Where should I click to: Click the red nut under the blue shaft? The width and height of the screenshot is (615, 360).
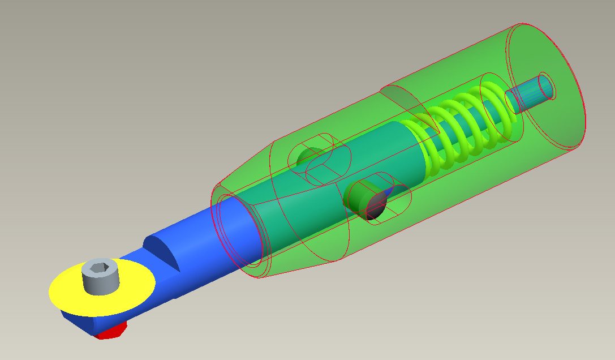click(x=110, y=332)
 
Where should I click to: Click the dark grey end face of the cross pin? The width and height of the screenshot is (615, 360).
click(x=376, y=204)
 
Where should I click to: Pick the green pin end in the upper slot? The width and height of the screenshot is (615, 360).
click(x=308, y=156)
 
